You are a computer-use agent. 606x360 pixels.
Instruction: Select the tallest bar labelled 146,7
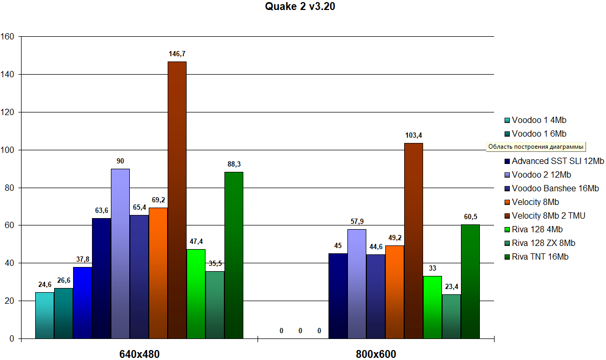[177, 200]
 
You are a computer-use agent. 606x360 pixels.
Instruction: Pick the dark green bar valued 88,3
[234, 255]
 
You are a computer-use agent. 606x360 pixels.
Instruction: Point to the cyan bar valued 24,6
[45, 315]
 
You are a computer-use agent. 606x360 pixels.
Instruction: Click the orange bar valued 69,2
[158, 273]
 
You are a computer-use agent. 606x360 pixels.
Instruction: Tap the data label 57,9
[357, 221]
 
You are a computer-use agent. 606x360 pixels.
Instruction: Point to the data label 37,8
[83, 259]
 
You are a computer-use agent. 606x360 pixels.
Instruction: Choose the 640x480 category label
[139, 354]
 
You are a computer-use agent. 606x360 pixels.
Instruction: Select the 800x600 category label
[376, 354]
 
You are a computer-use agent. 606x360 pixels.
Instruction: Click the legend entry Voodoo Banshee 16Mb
[555, 188]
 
